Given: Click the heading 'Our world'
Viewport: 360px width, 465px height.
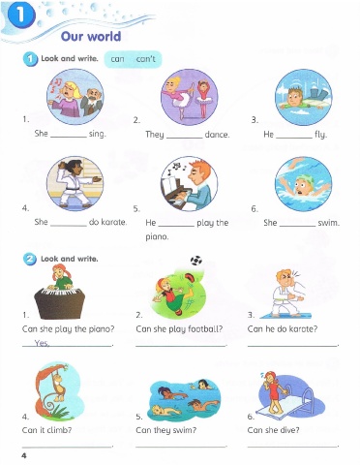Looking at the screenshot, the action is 91,36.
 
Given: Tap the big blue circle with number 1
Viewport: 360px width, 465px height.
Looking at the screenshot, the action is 21,15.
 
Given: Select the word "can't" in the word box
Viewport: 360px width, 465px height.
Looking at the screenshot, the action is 145,59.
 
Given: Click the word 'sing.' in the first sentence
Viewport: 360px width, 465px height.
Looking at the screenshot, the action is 98,134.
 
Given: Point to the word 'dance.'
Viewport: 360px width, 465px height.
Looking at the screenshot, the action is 217,135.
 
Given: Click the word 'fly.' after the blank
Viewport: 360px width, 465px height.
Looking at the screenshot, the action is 321,135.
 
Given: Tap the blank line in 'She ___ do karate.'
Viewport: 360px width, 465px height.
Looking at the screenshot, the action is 69,226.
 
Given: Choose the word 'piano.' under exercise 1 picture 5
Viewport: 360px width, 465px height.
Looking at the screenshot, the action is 157,237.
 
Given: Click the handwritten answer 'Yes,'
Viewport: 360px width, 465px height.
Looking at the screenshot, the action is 42,343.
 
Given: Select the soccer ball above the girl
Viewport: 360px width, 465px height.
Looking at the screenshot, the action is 196,261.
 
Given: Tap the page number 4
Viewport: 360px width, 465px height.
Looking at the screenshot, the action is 24,455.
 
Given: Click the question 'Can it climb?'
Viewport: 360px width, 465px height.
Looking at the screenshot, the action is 46,430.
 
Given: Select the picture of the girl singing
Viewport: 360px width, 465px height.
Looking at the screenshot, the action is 75,97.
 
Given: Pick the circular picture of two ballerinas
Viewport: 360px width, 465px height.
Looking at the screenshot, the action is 190,97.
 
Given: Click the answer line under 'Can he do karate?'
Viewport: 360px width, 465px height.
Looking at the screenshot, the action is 292,346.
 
